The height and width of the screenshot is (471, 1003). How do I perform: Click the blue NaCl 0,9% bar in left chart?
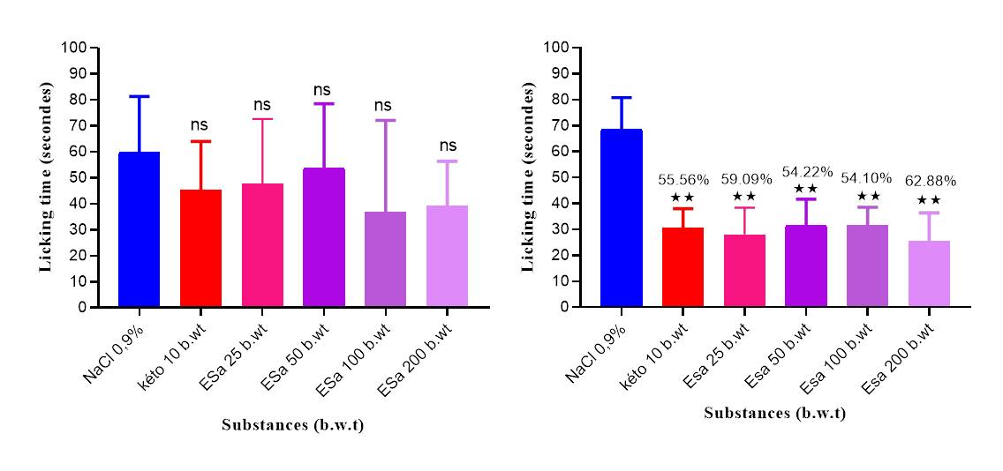[x=139, y=229]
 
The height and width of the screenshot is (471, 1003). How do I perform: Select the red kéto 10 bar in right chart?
[x=682, y=267]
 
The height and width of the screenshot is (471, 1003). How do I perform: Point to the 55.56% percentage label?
[x=682, y=180]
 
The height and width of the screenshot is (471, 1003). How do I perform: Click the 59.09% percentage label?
[x=745, y=179]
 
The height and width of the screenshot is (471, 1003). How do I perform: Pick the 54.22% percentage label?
[x=807, y=172]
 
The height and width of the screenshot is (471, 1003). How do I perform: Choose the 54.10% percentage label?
[x=869, y=179]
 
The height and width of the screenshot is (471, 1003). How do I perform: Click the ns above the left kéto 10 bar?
[x=200, y=125]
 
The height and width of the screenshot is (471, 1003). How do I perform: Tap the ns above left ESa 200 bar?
[x=447, y=146]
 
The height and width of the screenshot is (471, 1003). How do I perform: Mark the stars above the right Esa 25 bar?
[x=744, y=196]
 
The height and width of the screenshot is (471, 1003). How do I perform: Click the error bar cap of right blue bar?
[x=621, y=97]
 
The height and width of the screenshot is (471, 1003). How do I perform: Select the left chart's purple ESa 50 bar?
[x=324, y=238]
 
